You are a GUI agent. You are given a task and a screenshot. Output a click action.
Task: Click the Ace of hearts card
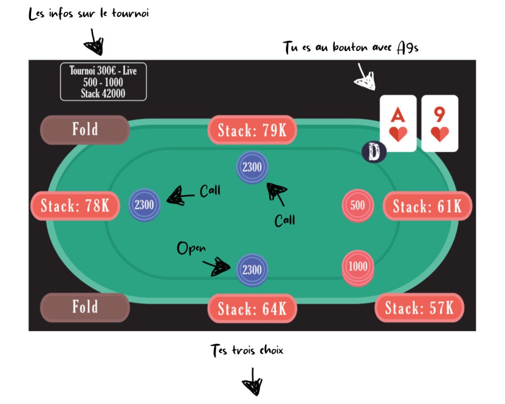point(398,123)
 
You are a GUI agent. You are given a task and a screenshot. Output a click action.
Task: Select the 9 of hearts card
point(439,123)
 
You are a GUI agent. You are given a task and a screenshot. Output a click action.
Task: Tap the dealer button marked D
point(374,152)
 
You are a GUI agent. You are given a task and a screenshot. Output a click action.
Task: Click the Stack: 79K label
point(252,130)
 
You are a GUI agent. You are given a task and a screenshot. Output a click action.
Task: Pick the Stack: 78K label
point(75,206)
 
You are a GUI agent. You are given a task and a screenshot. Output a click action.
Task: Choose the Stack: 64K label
point(252,308)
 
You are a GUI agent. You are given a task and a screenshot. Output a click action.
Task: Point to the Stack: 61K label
point(428,206)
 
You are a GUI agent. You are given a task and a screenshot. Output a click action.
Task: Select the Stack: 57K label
point(419,308)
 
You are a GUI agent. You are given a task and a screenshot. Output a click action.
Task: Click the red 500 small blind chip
point(358,205)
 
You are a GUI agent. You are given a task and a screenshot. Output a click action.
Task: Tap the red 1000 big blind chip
point(358,268)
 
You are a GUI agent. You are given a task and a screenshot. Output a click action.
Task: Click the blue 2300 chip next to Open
point(252,270)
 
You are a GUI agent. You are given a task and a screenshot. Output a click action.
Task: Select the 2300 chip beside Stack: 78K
point(144,205)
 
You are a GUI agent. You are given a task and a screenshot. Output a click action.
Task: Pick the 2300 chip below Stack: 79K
point(252,167)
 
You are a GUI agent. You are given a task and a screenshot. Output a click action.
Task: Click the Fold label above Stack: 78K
point(85,130)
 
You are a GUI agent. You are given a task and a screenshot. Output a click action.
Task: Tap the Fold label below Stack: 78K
point(85,307)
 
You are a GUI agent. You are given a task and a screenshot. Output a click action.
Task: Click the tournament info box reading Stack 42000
point(104,82)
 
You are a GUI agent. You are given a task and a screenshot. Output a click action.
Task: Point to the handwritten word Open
point(191,248)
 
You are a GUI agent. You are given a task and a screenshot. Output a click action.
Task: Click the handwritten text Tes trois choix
point(247,350)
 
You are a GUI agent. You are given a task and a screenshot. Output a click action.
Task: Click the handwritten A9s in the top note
point(408,48)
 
